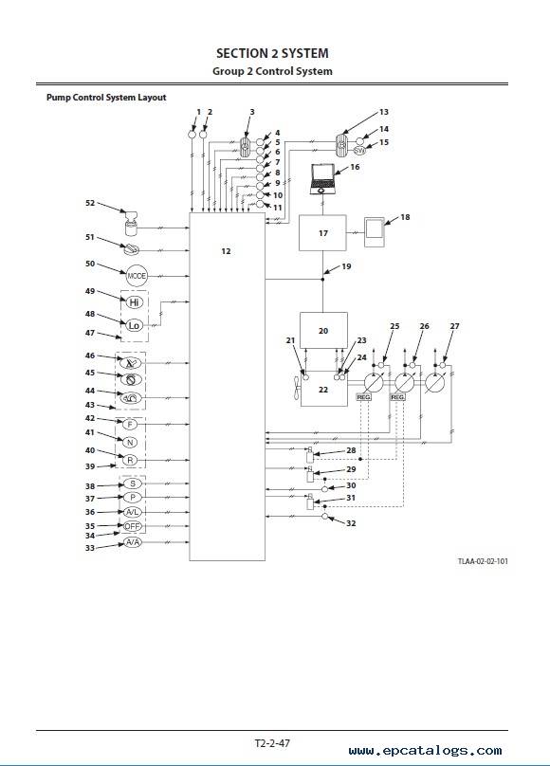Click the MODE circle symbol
pyautogui.click(x=137, y=276)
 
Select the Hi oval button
pyautogui.click(x=135, y=302)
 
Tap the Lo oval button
pyautogui.click(x=134, y=325)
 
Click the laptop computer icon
pyautogui.click(x=322, y=180)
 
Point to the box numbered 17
pyautogui.click(x=322, y=233)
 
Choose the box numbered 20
pyautogui.click(x=323, y=331)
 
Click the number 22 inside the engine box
pyautogui.click(x=323, y=390)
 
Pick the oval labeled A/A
pyautogui.click(x=132, y=542)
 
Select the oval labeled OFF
pyautogui.click(x=133, y=527)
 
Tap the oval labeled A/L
pyautogui.click(x=133, y=512)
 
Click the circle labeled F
pyautogui.click(x=130, y=425)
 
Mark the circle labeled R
pyautogui.click(x=130, y=460)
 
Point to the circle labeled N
pyautogui.click(x=130, y=443)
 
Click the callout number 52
pyautogui.click(x=90, y=203)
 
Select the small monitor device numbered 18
pyautogui.click(x=375, y=232)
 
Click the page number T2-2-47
pyautogui.click(x=272, y=743)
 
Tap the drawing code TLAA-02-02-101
pyautogui.click(x=483, y=561)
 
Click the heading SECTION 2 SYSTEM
pyautogui.click(x=272, y=53)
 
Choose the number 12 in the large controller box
pyautogui.click(x=226, y=251)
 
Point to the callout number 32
pyautogui.click(x=351, y=523)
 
